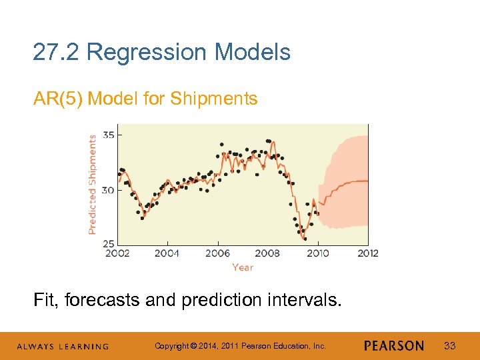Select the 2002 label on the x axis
[x=117, y=253]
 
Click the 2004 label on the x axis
[x=167, y=253]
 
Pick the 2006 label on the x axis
[x=217, y=253]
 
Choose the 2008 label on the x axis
[x=267, y=253]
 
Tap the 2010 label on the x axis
[x=317, y=253]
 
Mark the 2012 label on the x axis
[x=367, y=253]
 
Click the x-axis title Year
[x=243, y=267]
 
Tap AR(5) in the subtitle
[x=58, y=99]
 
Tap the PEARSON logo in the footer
[x=394, y=346]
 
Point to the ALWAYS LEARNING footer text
[x=63, y=347]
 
